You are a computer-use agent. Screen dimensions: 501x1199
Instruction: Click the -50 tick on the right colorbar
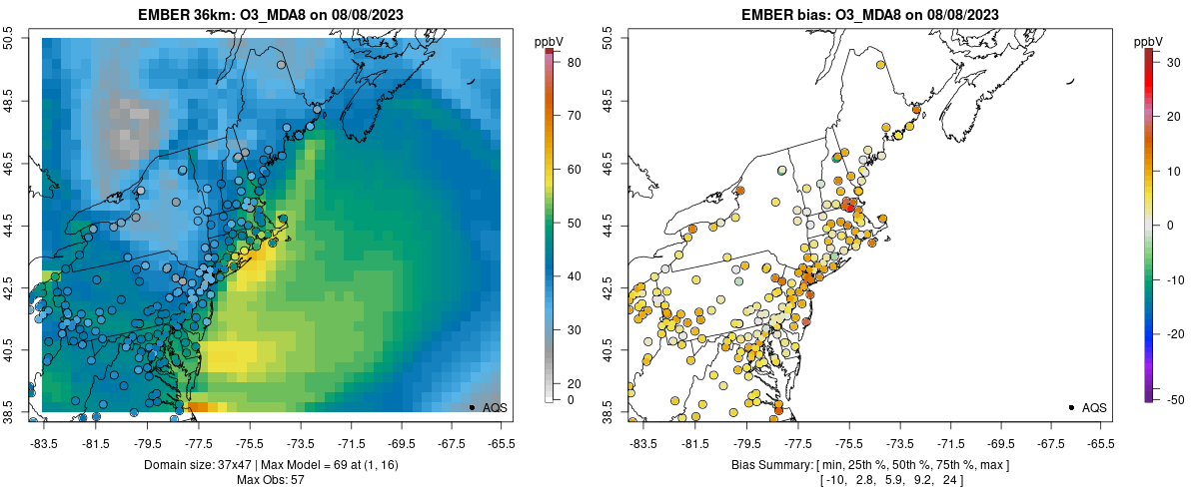(x=1168, y=399)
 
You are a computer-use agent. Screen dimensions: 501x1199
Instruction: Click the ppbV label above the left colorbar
(x=549, y=41)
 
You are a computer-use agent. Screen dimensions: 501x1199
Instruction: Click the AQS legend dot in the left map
(x=472, y=407)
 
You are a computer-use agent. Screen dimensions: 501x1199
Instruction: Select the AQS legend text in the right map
(x=1094, y=407)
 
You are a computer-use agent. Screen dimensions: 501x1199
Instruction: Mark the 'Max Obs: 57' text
(x=270, y=480)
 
